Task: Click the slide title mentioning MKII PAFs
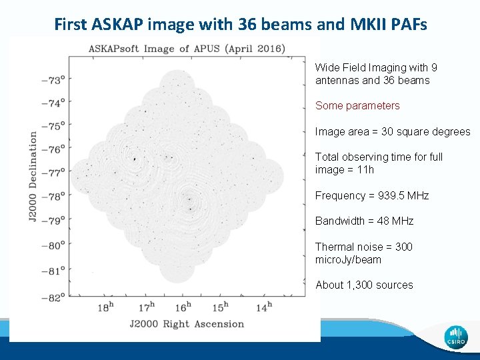pos(240,25)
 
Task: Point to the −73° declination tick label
pos(53,79)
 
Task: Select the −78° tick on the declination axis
pos(53,196)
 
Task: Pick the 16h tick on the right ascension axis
pos(182,307)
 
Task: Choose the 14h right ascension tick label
pos(263,307)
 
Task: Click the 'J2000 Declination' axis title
pos(33,177)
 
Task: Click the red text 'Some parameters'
pos(357,105)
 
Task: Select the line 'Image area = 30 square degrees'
pos(393,131)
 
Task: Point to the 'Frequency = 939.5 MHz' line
pos(372,195)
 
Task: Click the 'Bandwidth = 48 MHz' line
pos(364,221)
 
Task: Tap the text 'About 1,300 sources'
pos(364,285)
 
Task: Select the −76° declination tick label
pos(53,148)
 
